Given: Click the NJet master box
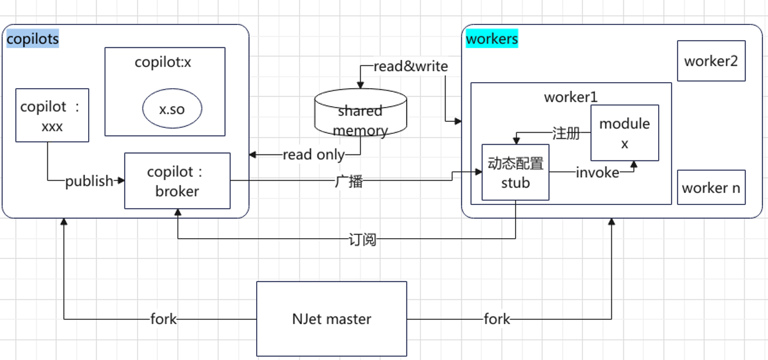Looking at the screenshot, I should (x=331, y=319).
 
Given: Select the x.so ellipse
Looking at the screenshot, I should (x=172, y=109).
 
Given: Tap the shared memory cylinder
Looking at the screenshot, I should (x=360, y=116).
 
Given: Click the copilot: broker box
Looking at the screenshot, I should (x=177, y=181).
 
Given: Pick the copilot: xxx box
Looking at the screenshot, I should (x=52, y=115).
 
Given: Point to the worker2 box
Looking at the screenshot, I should (x=711, y=61).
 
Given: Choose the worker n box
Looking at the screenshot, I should (x=711, y=188).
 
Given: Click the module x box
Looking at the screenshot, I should (x=624, y=133).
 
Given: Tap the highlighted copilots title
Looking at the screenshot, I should (x=33, y=39).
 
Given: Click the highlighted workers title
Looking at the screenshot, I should (x=492, y=39).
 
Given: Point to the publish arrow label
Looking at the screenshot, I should (x=89, y=181).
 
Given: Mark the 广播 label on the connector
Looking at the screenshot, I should (x=348, y=181).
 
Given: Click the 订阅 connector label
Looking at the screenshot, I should (x=362, y=239).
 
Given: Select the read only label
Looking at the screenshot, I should (x=313, y=155).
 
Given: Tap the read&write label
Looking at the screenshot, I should (x=411, y=67).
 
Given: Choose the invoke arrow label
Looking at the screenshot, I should (x=597, y=172).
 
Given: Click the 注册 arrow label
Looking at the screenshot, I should (x=566, y=133).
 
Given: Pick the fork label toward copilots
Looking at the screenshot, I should (x=164, y=319).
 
